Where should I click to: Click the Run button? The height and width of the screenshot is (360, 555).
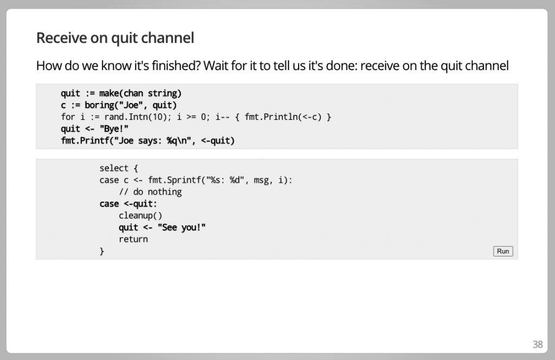coord(503,251)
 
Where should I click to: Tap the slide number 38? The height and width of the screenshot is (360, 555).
coord(537,344)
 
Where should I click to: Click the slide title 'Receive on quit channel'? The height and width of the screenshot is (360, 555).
coord(115,38)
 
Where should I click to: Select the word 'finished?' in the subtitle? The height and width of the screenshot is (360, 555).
coord(173,66)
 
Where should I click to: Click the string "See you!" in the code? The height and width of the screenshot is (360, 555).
coord(182,227)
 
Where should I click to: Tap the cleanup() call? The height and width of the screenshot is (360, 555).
coord(140,216)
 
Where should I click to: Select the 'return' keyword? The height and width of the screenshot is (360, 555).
coord(133,239)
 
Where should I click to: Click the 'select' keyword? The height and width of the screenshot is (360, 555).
coord(114,168)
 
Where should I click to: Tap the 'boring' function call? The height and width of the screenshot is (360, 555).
coord(99,105)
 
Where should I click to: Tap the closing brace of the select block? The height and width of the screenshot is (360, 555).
coord(102,252)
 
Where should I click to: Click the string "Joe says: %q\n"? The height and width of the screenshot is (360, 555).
coord(157,141)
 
